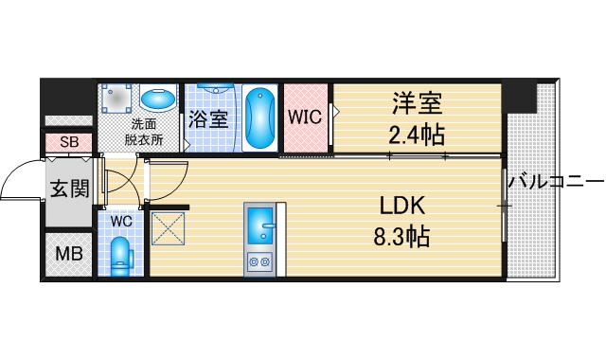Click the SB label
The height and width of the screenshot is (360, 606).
click(68, 142)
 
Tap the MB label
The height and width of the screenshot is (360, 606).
click(67, 254)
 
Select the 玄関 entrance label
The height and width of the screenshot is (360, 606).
click(68, 189)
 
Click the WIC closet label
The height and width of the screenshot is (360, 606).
click(304, 118)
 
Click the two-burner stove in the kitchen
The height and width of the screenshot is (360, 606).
click(258, 261)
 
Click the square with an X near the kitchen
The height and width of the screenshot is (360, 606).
click(168, 228)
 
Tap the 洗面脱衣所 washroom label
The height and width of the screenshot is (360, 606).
click(145, 132)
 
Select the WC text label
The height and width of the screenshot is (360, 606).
click(121, 220)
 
